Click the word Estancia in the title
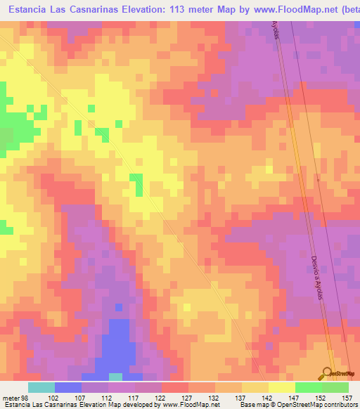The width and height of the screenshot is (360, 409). [x=28, y=10]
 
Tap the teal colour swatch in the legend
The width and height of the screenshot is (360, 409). [x=41, y=388]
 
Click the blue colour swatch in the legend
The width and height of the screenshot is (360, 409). [x=68, y=388]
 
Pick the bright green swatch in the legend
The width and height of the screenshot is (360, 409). [x=308, y=388]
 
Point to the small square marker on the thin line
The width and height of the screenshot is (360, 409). [x=318, y=179]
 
